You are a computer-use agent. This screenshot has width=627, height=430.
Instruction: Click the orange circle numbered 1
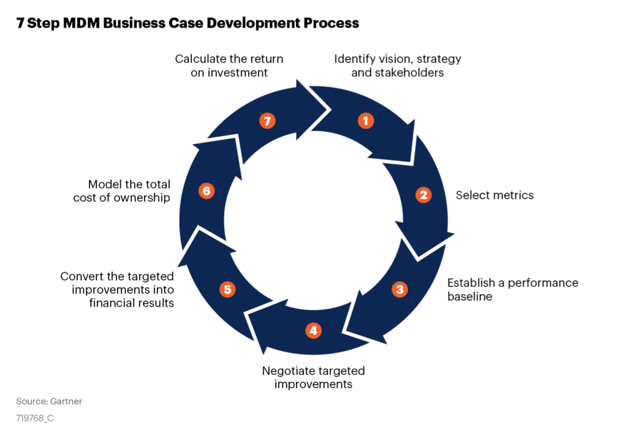coord(366,121)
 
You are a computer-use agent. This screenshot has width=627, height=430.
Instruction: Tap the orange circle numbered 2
coord(423,195)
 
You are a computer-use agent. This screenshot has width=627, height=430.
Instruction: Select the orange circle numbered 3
coord(400,289)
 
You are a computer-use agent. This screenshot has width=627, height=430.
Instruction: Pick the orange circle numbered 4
coord(313,331)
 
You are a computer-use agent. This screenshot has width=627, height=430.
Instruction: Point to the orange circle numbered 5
coord(228,289)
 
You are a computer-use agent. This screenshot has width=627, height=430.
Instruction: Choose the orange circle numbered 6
coord(207,191)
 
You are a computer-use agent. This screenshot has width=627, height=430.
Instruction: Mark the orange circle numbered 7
coord(266,121)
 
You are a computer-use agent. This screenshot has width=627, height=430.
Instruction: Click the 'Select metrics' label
coord(495,195)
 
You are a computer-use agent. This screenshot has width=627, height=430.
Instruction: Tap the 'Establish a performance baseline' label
coord(512,290)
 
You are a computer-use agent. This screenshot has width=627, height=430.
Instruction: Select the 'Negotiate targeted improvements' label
coord(313,377)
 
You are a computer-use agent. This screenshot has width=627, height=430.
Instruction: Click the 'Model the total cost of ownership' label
coord(122,191)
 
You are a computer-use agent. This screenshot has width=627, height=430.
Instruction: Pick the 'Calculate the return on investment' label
coord(229,66)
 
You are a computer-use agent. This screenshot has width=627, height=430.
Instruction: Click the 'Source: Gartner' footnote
coord(48,401)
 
